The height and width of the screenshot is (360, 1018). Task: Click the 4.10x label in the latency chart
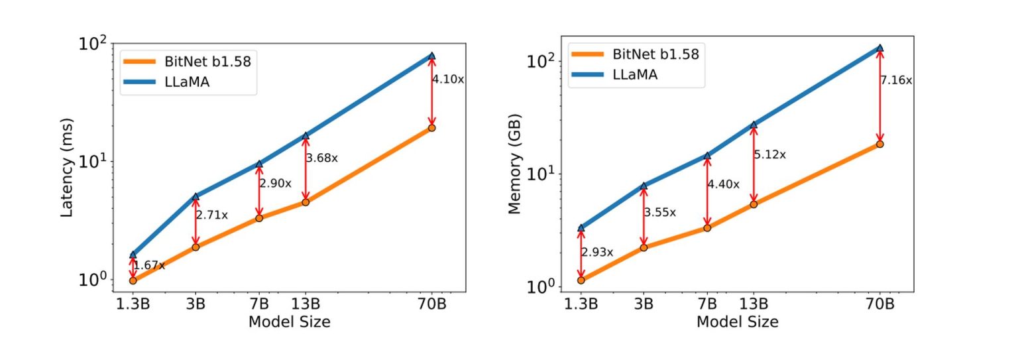[448, 79]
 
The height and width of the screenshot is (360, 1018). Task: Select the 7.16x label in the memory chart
[896, 80]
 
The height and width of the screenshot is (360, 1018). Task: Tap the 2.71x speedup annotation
[212, 215]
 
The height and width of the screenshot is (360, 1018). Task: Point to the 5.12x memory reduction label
[769, 154]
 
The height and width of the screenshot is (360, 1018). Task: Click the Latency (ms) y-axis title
[67, 168]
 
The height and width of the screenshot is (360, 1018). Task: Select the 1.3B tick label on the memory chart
[581, 305]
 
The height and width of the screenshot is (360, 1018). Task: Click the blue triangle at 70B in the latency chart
[432, 56]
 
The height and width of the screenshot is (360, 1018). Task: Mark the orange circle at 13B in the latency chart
[306, 202]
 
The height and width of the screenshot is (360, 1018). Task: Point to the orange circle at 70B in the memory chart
[880, 144]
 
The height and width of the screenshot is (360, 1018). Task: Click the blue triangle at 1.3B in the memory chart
[581, 228]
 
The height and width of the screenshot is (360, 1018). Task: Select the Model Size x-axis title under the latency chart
[289, 322]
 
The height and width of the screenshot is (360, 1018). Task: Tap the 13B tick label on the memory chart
[754, 305]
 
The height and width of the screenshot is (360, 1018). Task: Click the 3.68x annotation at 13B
[321, 158]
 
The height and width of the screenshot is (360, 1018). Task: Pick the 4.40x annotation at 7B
[723, 184]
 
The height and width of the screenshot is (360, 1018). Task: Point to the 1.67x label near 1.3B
[148, 266]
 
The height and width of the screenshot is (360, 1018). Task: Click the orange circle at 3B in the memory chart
[644, 248]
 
